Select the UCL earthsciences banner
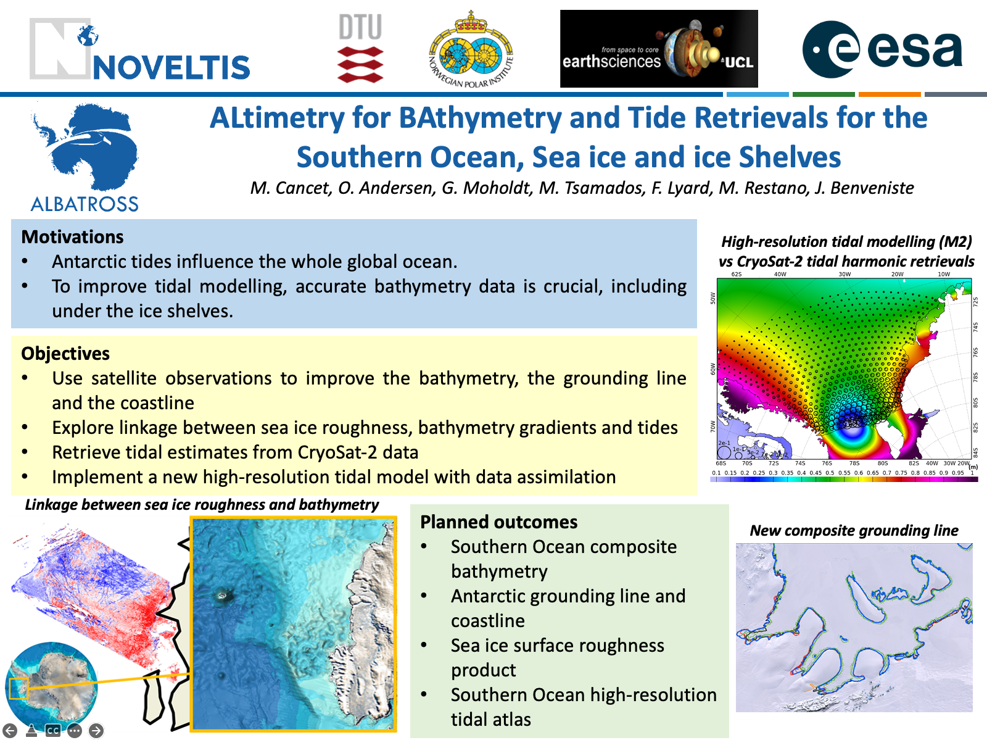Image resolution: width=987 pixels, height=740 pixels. click(x=658, y=49)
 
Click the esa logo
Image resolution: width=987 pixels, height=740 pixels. click(x=882, y=49)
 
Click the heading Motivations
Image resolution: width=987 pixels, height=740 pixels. click(x=72, y=237)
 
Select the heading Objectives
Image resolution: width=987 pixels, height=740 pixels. click(x=65, y=354)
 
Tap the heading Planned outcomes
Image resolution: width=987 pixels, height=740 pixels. click(x=498, y=522)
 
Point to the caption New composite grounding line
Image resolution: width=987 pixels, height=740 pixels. click(x=854, y=531)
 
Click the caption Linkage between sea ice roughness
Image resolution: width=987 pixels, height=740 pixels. click(x=202, y=505)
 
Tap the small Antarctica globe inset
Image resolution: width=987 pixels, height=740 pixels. click(x=52, y=684)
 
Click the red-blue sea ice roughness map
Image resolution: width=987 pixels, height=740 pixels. click(x=93, y=586)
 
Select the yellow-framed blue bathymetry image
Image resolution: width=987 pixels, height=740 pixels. click(x=293, y=623)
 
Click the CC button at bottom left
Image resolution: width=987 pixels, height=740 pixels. click(x=53, y=731)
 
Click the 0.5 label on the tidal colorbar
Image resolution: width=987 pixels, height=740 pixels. click(x=830, y=473)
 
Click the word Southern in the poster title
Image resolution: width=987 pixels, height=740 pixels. click(x=358, y=157)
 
